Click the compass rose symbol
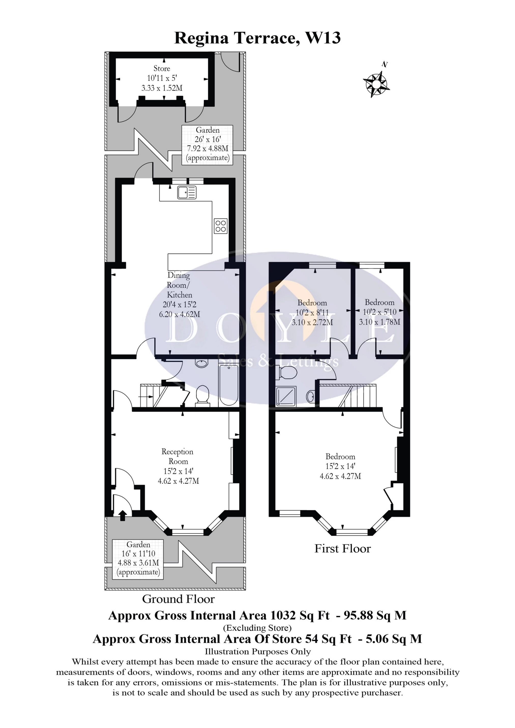(376, 84)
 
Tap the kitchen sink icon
(187, 192)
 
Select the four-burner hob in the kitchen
(220, 226)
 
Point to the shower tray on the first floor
(286, 396)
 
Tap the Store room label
(162, 68)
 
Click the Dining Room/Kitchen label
(179, 285)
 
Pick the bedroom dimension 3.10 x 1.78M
(379, 322)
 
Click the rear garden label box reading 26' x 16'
(208, 144)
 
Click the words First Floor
(342, 549)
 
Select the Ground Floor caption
(178, 599)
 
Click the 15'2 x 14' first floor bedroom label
(341, 466)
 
